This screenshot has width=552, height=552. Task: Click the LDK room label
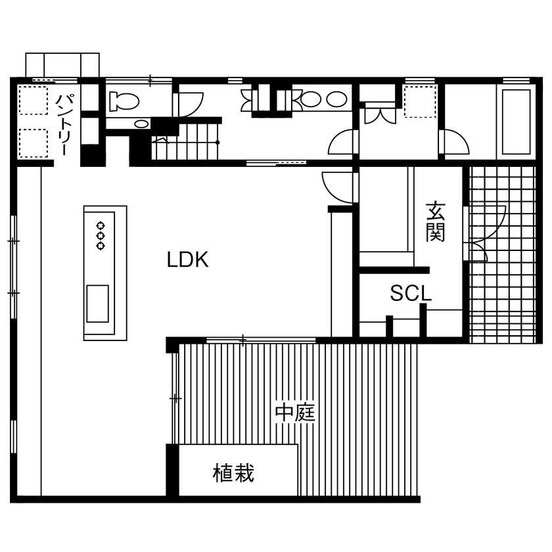point(187,260)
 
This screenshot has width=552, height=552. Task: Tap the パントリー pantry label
point(64,124)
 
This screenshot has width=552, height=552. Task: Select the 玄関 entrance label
point(434,221)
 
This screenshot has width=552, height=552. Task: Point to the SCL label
point(411,293)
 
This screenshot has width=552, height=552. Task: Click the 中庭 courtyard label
point(296,413)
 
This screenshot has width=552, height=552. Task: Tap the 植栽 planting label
point(233,472)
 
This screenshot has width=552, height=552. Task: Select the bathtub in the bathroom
point(516,122)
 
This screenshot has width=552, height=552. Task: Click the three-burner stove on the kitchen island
point(101,235)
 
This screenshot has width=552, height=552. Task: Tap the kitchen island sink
point(97,303)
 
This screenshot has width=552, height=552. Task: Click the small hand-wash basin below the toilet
point(140,123)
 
